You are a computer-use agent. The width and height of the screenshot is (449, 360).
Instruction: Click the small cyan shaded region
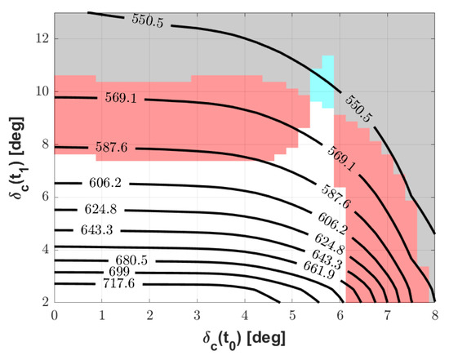point(322,82)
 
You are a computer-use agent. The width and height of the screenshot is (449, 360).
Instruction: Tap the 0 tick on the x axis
point(55,313)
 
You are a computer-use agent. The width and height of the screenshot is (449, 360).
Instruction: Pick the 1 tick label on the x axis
point(102,313)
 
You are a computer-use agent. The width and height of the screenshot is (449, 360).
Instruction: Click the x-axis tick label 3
point(197,313)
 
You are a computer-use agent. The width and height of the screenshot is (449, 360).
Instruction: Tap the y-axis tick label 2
point(44,301)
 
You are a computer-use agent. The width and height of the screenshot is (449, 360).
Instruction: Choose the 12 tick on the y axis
point(41,38)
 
